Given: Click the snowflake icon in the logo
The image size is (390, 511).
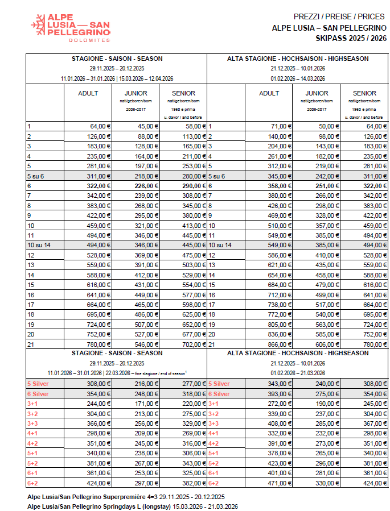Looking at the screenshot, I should (x=39, y=26).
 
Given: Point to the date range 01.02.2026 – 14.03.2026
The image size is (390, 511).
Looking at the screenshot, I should (x=297, y=78).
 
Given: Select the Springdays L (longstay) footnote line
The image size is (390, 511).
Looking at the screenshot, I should (x=132, y=506).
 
